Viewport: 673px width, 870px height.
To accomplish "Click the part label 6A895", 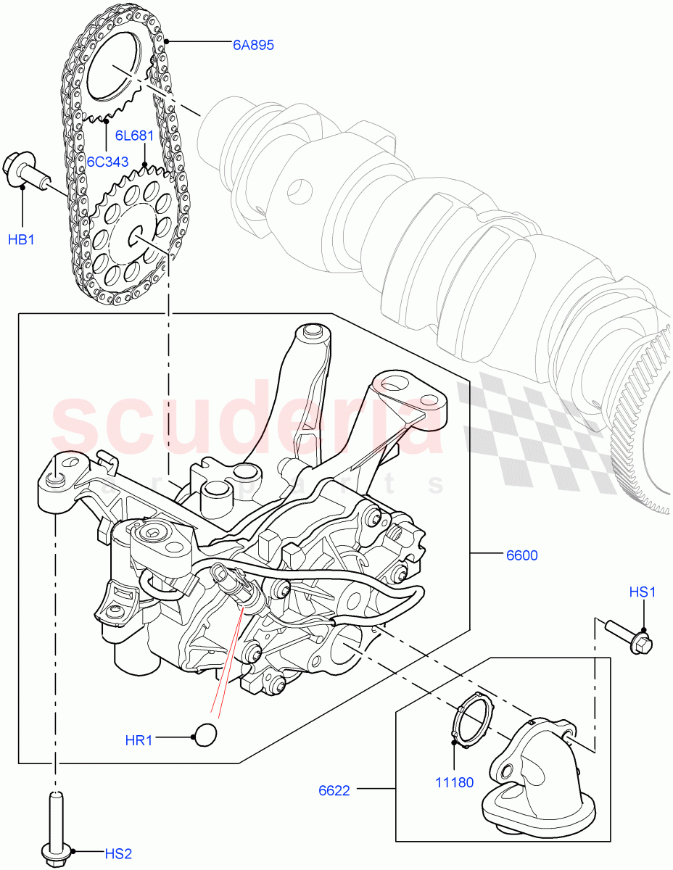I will [x=252, y=45].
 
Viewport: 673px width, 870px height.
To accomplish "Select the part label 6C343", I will [x=107, y=160].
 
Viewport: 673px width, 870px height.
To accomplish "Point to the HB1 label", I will [x=22, y=239].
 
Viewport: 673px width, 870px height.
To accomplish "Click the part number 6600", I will [x=521, y=555].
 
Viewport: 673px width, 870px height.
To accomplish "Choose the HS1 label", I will [x=642, y=592].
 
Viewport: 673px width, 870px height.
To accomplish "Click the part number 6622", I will [x=334, y=790].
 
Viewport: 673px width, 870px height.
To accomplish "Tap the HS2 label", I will [x=116, y=853].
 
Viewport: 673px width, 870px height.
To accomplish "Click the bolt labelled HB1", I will [x=26, y=172].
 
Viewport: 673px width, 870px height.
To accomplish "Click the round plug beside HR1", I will [x=207, y=733].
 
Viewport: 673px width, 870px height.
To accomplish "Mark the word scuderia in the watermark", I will [x=247, y=424].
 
